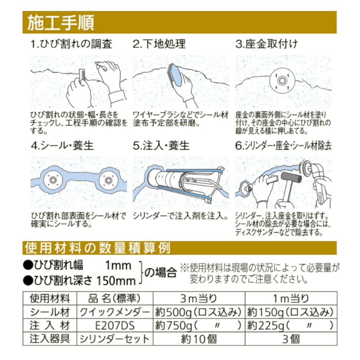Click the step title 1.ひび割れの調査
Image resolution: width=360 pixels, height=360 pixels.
(72, 44)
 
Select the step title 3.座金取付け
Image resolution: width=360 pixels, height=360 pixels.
(267, 44)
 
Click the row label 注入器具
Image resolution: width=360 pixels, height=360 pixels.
(50, 339)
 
